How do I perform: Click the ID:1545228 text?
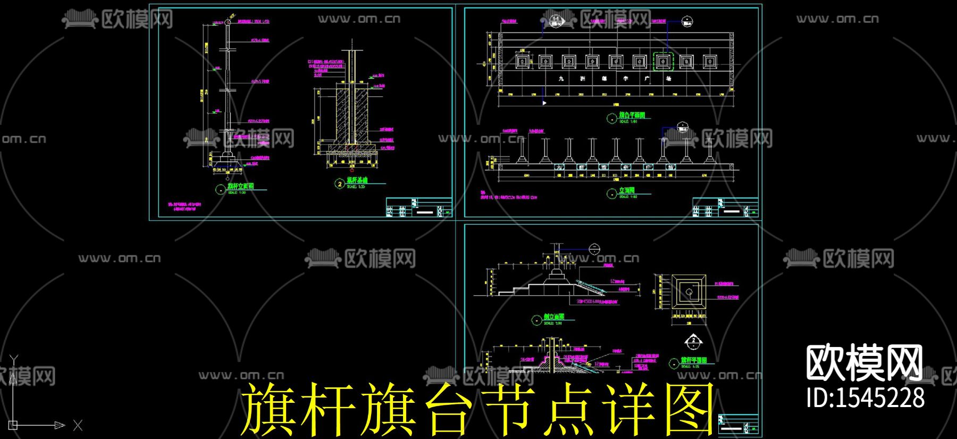865,397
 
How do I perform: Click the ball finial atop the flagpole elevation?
228,22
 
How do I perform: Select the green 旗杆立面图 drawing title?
241,186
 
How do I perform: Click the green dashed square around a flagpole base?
662,62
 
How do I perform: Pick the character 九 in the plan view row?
561,78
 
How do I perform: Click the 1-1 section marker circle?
556,20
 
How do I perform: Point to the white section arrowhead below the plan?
544,103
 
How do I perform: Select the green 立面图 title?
627,190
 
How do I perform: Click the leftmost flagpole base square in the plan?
522,62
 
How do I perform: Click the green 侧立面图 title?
553,317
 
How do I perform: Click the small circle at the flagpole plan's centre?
689,292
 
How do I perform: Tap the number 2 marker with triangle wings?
693,341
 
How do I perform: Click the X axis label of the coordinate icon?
78,425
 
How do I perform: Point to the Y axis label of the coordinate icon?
14,360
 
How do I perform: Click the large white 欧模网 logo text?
864,363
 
